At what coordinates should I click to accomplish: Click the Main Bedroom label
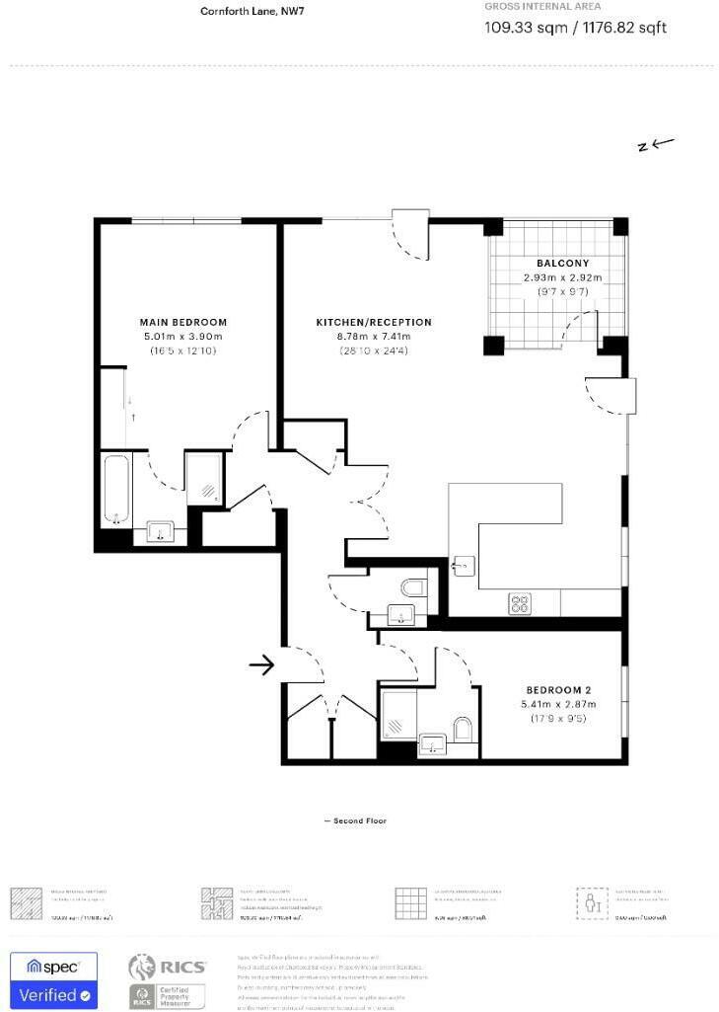(x=184, y=322)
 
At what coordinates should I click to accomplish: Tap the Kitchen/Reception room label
(x=373, y=322)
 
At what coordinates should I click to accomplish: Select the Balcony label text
(x=562, y=264)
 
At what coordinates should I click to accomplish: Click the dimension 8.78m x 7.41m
(x=373, y=337)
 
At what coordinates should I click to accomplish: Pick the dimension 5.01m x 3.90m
(x=184, y=337)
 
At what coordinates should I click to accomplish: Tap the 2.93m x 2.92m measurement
(x=562, y=278)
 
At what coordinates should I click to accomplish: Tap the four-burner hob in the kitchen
(x=520, y=603)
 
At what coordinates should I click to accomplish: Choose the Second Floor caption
(x=355, y=821)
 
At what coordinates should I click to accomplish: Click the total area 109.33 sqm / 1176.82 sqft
(x=575, y=28)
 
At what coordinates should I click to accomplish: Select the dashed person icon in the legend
(x=590, y=902)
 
